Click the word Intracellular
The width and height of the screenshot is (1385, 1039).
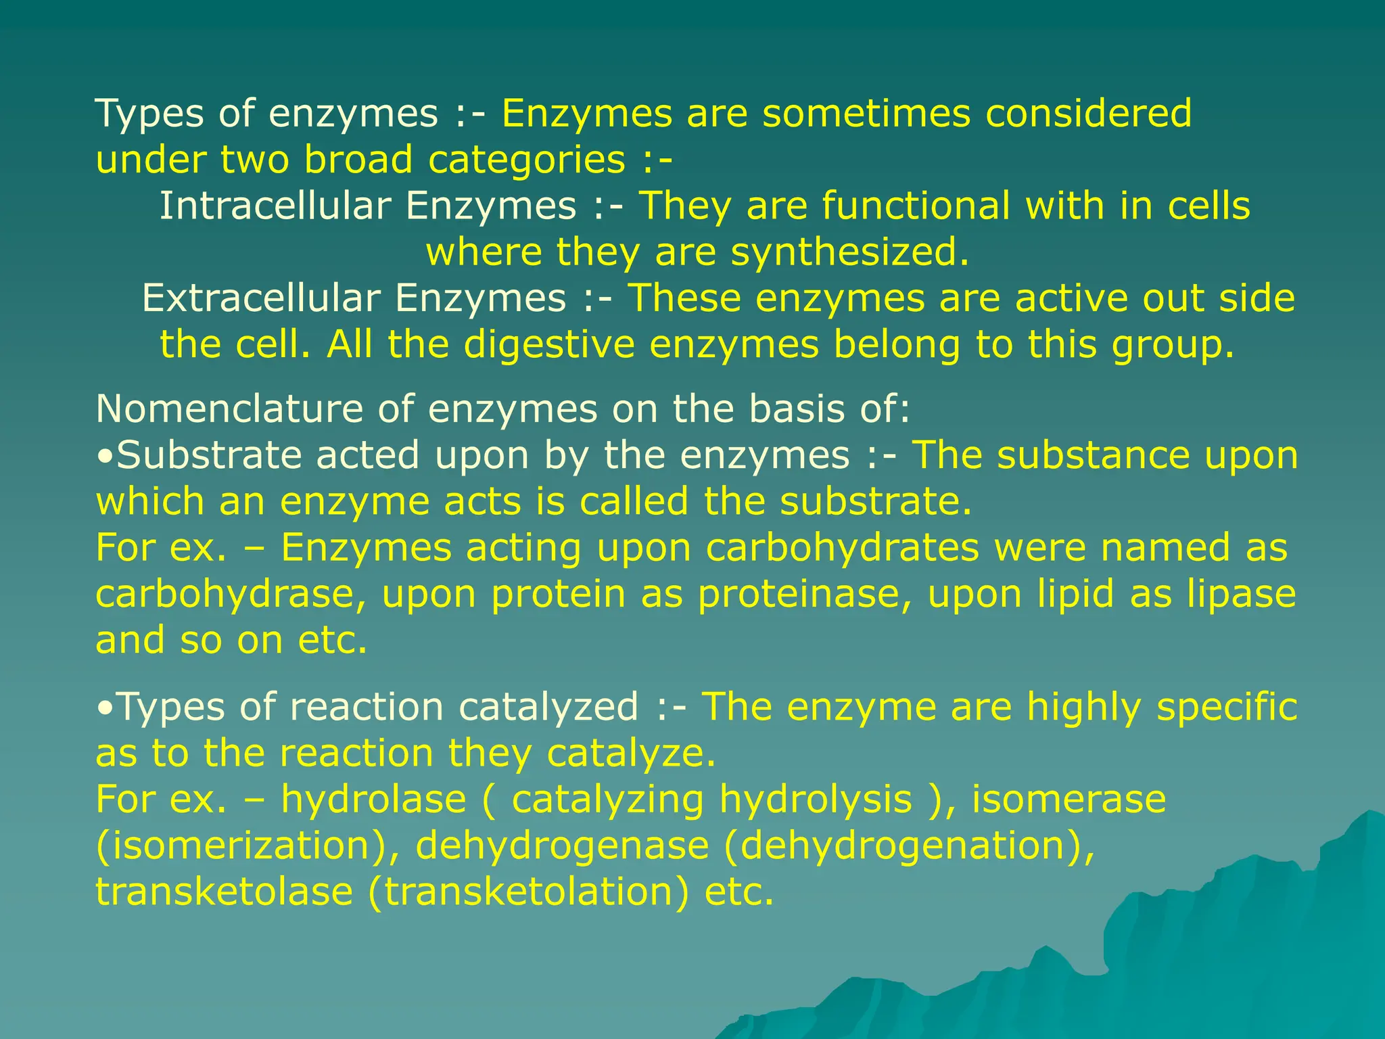click(275, 206)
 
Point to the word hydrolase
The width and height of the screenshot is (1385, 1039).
click(373, 800)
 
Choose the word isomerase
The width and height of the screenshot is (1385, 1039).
click(1069, 800)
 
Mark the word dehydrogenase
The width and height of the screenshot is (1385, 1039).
click(562, 846)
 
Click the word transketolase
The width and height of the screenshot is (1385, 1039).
click(224, 892)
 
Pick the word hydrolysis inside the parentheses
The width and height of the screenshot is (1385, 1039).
click(816, 800)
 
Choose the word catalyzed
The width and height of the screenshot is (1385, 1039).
click(548, 708)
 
